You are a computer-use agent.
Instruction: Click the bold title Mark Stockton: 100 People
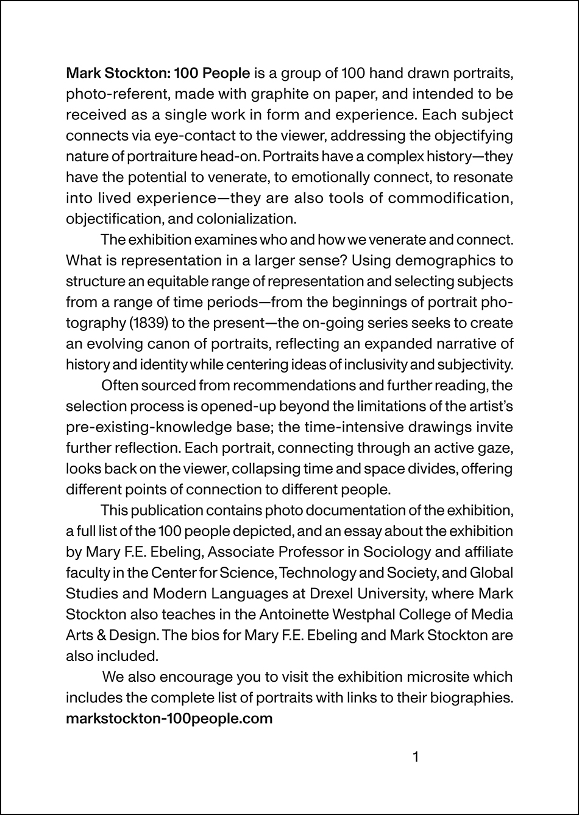[158, 74]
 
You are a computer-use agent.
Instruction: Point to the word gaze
[499, 448]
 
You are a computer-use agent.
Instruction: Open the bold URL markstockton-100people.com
[169, 718]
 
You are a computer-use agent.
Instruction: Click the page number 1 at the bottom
[416, 757]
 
